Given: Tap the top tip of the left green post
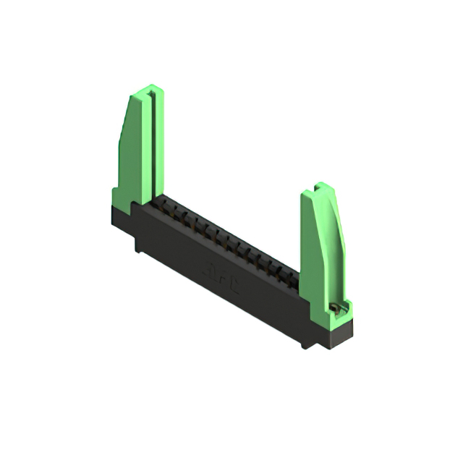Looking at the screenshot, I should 148,88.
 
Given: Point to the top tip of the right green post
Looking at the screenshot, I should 318,187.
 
